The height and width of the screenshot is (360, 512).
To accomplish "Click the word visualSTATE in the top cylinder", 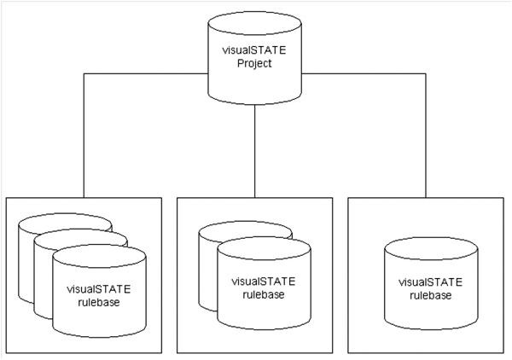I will [x=255, y=50].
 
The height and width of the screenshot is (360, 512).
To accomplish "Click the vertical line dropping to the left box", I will [x=84, y=136].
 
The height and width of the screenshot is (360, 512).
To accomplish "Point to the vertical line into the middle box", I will [x=255, y=154].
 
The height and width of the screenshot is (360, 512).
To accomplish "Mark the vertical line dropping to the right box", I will [x=426, y=136].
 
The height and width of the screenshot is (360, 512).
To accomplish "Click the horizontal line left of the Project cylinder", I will [x=145, y=74].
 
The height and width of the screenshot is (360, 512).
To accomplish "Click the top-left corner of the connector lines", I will [x=84, y=74].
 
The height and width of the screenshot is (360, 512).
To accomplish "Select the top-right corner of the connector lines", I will [x=426, y=74].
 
